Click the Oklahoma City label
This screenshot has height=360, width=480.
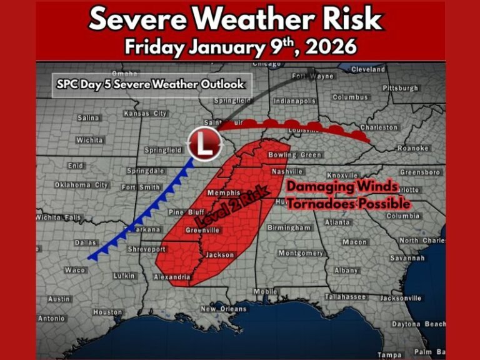(82, 185)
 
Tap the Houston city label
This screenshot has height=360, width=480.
(107, 312)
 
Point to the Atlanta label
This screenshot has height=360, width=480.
(337, 222)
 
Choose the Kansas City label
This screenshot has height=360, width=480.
(146, 114)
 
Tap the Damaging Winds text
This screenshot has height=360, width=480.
(342, 186)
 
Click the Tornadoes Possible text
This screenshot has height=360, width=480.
(348, 204)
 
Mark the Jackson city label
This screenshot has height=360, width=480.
(220, 255)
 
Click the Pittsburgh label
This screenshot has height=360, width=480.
(400, 88)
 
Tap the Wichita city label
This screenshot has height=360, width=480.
(89, 140)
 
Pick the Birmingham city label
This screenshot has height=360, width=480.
(289, 228)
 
